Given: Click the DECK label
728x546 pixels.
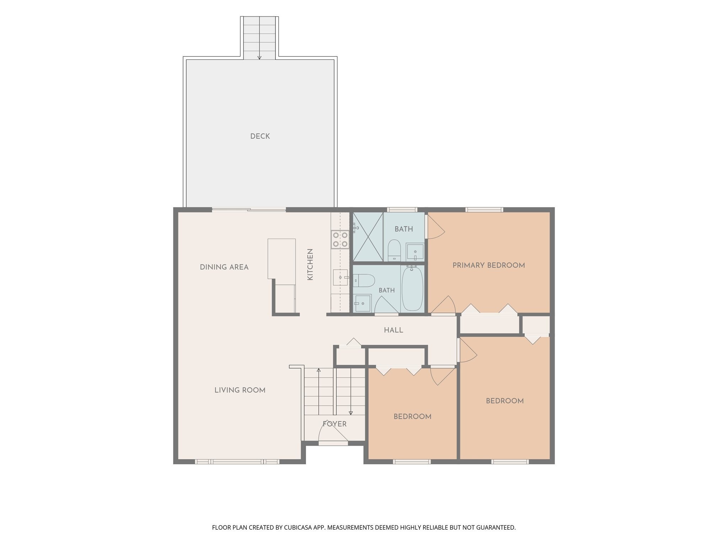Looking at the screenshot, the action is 260,136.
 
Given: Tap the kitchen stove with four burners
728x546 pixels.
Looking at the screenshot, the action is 340,239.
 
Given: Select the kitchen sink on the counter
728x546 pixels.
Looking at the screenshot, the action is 340,277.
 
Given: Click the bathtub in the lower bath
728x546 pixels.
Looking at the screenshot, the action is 412,288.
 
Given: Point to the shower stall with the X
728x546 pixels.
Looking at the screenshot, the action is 368,237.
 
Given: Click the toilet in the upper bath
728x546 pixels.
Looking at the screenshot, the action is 394,250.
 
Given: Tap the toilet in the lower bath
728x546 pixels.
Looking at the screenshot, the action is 364,280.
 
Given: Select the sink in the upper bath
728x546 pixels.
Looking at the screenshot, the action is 415,252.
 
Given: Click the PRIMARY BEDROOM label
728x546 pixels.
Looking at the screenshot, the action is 488,265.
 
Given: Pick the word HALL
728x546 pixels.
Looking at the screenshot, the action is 394,330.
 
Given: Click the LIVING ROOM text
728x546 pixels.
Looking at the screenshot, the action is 240,390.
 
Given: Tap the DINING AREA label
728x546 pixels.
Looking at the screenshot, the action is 224,267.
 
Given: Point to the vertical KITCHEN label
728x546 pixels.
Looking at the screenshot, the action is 310,264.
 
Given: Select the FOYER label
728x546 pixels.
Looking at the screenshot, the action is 334,424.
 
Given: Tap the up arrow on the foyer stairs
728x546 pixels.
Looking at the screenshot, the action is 318,391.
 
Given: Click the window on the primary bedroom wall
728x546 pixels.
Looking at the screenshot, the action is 485,210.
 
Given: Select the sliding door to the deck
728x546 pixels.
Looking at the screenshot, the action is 249,210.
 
